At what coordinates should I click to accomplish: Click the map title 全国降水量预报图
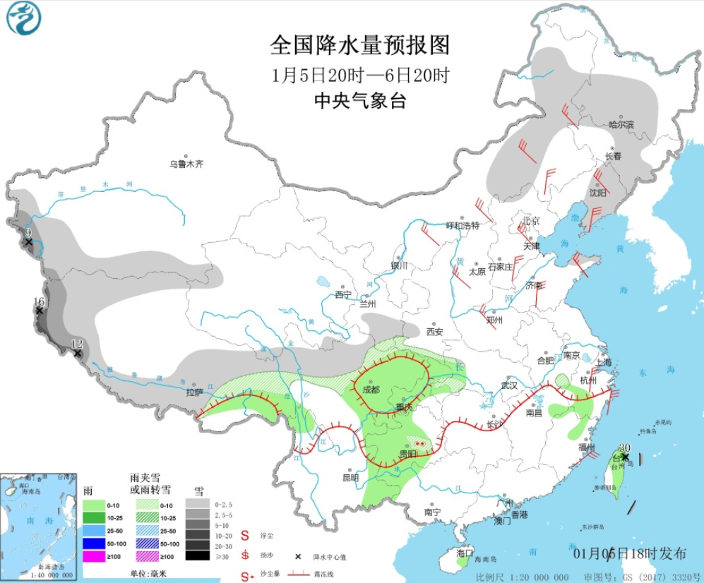pyautogui.click(x=359, y=46)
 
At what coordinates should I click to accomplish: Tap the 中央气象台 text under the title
pyautogui.click(x=359, y=101)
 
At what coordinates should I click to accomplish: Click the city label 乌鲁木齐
pyautogui.click(x=186, y=164)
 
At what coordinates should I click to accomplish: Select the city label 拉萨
pyautogui.click(x=195, y=392)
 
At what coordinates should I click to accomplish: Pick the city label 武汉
pyautogui.click(x=509, y=385)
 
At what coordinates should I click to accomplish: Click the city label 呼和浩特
pyautogui.click(x=463, y=226)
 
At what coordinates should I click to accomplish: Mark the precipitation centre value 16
pyautogui.click(x=40, y=301)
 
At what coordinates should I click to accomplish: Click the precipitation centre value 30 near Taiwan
pyautogui.click(x=624, y=447)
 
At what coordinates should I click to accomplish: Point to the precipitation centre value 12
pyautogui.click(x=78, y=344)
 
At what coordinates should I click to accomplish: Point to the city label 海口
pyautogui.click(x=464, y=553)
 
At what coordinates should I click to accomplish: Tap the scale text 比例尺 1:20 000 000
pyautogui.click(x=522, y=577)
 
